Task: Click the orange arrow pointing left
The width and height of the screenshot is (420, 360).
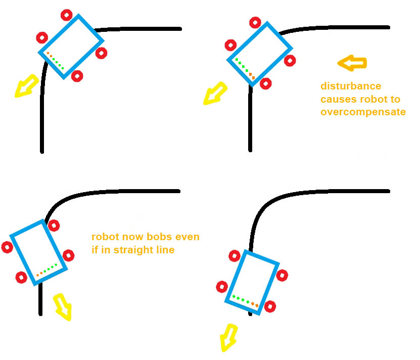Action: coord(352,63)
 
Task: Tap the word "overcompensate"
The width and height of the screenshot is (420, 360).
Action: coord(363,112)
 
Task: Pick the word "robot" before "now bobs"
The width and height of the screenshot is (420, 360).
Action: coord(105,237)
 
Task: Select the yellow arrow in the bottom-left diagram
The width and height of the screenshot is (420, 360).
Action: coord(63,307)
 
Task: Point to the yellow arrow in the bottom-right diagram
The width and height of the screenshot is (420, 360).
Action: coord(228,338)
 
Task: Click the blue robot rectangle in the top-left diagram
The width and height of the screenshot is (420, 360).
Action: coord(71,46)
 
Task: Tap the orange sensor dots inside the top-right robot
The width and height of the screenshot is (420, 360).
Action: coord(251,76)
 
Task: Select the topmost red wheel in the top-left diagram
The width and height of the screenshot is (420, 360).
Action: coord(66,15)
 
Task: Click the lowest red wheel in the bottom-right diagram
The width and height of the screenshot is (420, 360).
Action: coord(270,306)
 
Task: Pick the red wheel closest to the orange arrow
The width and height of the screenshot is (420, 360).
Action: coord(290,61)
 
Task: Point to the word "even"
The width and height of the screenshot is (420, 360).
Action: coord(189,237)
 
